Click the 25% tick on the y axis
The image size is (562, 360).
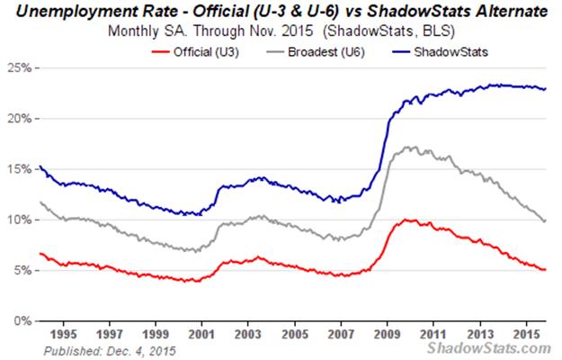click(21, 68)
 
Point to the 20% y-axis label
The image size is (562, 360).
click(21, 119)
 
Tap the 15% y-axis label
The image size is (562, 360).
click(21, 169)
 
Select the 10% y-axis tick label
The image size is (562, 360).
click(21, 220)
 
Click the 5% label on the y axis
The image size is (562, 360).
click(23, 270)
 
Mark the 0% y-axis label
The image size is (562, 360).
click(23, 320)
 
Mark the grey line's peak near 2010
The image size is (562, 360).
click(409, 147)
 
